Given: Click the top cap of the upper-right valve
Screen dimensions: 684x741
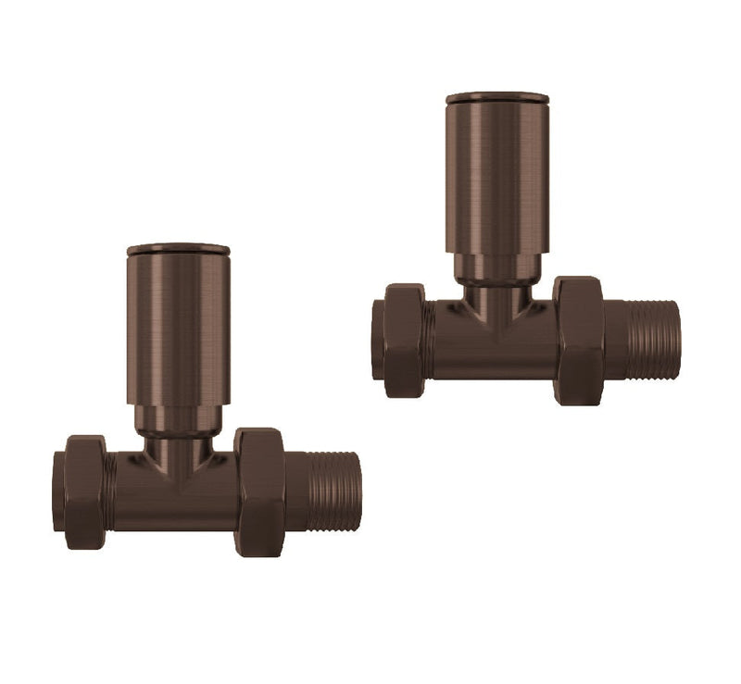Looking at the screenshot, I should [496, 97].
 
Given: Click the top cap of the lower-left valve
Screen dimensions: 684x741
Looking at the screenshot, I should [178, 249].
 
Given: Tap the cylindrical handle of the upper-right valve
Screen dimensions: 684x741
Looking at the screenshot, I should [496, 176].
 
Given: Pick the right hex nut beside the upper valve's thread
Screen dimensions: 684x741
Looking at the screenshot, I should [579, 340].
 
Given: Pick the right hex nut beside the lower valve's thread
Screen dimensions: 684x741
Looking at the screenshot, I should [258, 491].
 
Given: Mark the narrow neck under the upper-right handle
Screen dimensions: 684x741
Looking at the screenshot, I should [496, 287].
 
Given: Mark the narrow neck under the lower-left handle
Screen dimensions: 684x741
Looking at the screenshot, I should [178, 442].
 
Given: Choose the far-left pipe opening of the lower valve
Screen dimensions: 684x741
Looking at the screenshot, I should [58, 491].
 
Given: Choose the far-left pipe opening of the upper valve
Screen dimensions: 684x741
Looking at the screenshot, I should [377, 340].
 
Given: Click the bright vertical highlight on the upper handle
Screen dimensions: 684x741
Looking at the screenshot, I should [482, 176].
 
